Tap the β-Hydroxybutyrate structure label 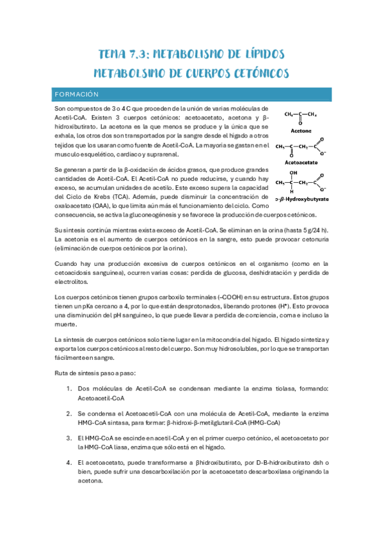(302, 199)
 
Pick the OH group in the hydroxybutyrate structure (294, 173)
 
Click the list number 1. (69, 388)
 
